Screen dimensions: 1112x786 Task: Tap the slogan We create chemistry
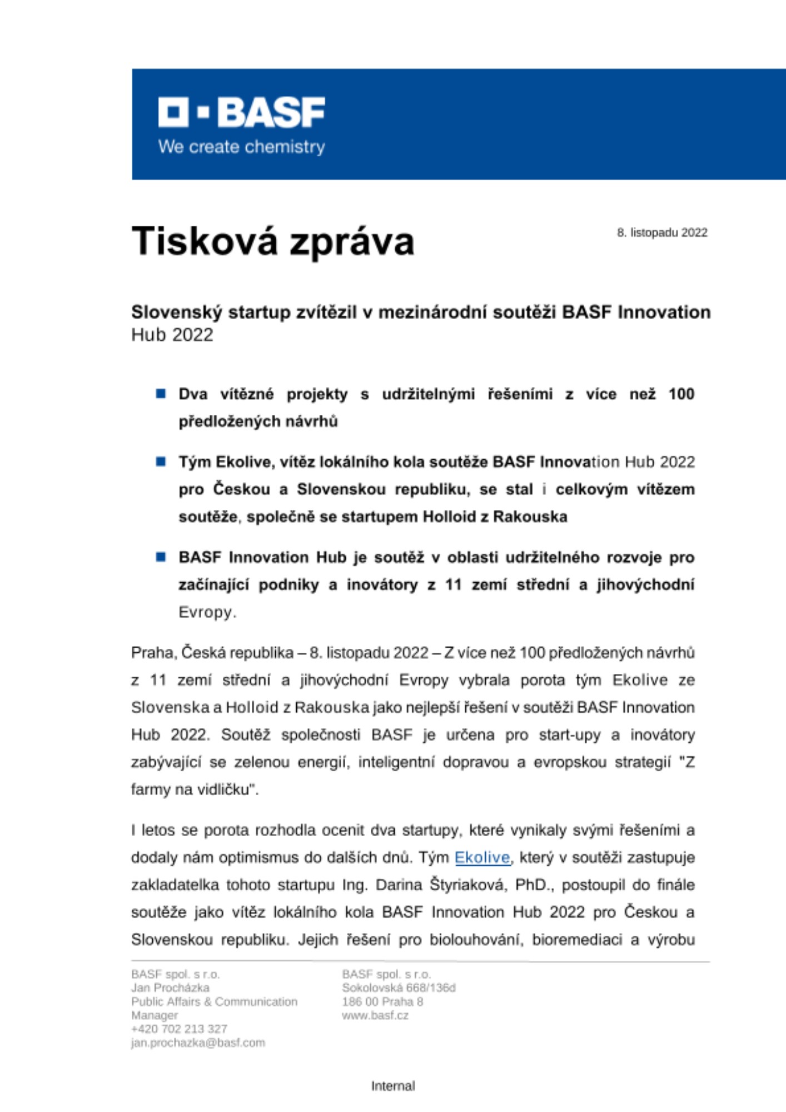(241, 147)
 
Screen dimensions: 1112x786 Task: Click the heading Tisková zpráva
(272, 242)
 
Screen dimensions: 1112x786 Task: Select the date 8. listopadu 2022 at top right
(662, 232)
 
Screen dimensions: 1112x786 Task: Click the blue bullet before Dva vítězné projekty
(161, 394)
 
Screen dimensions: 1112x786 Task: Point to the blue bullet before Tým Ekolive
(161, 461)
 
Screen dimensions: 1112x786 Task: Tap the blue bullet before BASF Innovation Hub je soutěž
(161, 557)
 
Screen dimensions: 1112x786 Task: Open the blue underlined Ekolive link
(482, 857)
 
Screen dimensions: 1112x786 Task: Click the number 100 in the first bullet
(681, 394)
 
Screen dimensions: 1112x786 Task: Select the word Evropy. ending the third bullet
(207, 612)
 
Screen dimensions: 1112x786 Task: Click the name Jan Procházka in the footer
(170, 987)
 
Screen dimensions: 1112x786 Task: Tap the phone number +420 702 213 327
(179, 1029)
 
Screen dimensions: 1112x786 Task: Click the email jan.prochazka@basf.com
(198, 1042)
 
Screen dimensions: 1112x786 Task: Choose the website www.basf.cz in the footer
(375, 1015)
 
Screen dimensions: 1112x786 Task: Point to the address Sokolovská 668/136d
(399, 987)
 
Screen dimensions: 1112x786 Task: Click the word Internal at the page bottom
(393, 1085)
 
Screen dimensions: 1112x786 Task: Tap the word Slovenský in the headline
(177, 312)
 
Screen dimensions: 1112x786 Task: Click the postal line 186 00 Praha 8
(382, 1001)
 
